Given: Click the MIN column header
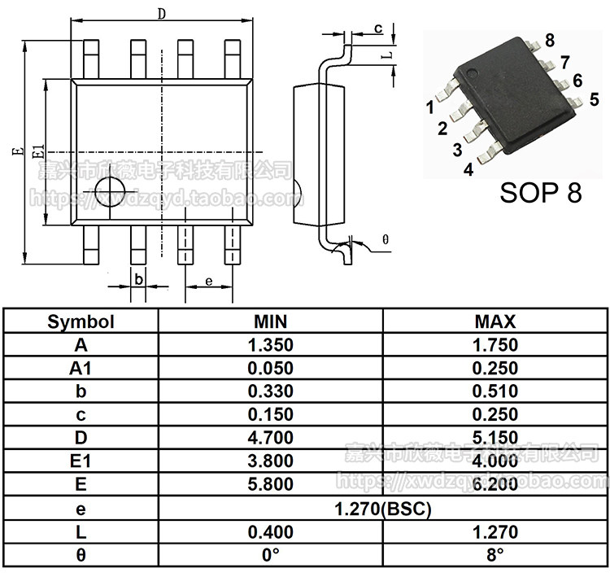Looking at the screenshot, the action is pyautogui.click(x=270, y=321).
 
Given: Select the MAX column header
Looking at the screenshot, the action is pyautogui.click(x=495, y=321).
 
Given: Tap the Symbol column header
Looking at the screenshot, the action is pyautogui.click(x=81, y=321).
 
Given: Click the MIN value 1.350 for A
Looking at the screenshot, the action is pyautogui.click(x=270, y=345).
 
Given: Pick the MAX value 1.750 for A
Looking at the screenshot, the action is pyautogui.click(x=495, y=345).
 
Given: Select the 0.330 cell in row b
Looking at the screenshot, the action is pyautogui.click(x=270, y=391).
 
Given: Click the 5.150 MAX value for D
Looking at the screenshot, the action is pyautogui.click(x=495, y=438).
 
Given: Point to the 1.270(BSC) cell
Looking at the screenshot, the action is pyautogui.click(x=383, y=510).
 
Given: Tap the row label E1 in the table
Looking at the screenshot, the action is pyautogui.click(x=81, y=461).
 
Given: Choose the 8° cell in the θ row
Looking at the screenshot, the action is pyautogui.click(x=495, y=557).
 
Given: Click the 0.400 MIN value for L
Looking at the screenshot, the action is pyautogui.click(x=270, y=534).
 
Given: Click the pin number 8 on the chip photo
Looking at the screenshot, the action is pyautogui.click(x=551, y=41).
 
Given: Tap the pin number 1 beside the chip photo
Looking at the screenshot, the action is pyautogui.click(x=429, y=107).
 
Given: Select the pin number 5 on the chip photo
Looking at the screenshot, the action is pyautogui.click(x=595, y=100).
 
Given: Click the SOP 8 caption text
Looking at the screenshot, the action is pyautogui.click(x=540, y=193).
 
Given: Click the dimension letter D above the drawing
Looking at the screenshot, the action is pyautogui.click(x=161, y=14).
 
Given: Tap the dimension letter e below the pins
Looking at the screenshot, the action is pyautogui.click(x=208, y=282).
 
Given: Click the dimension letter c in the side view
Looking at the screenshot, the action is pyautogui.click(x=378, y=29).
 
